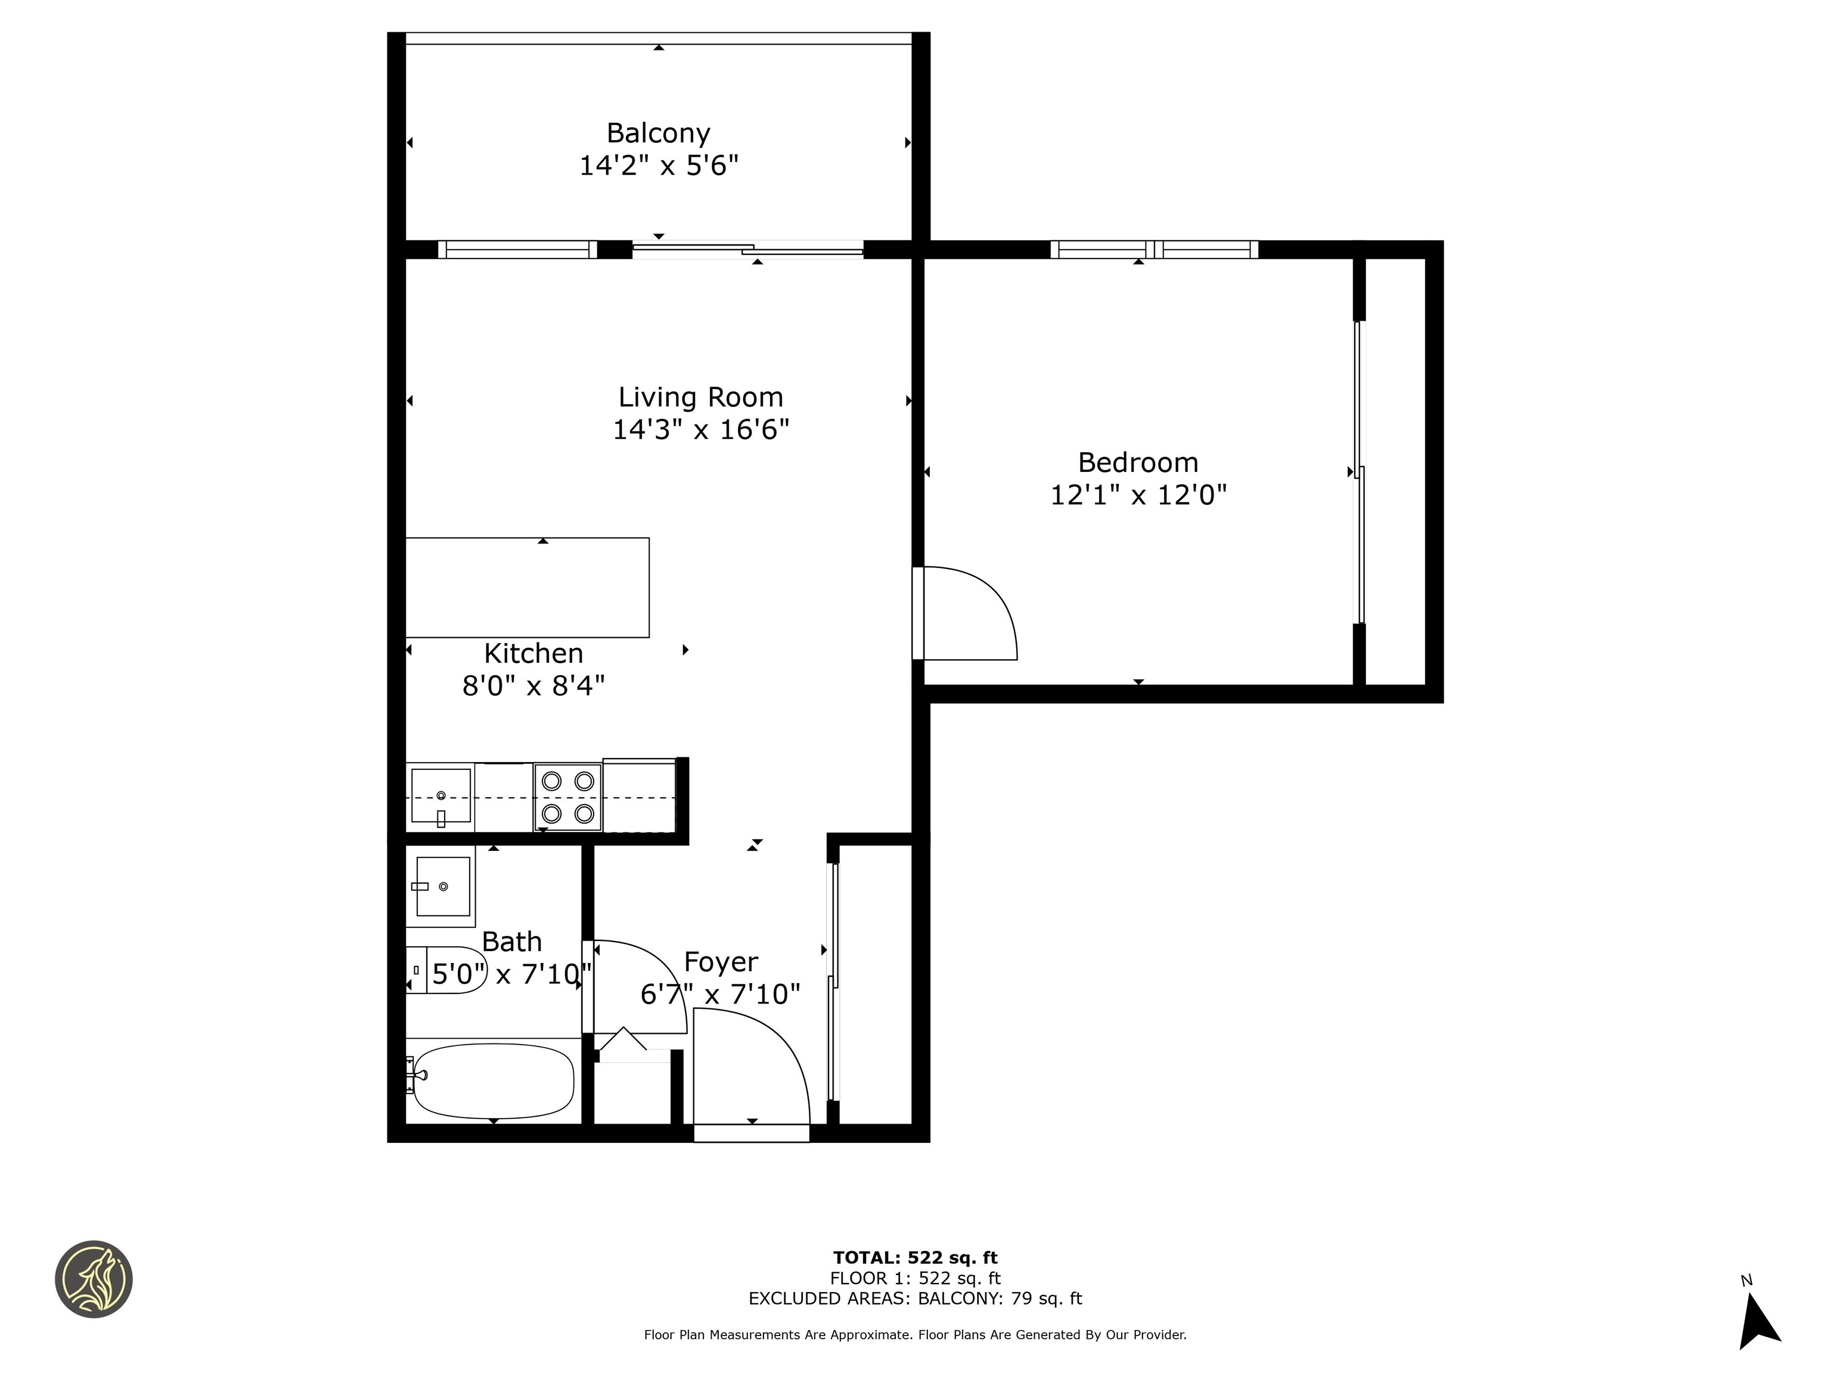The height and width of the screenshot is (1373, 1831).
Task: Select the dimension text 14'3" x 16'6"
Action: [700, 430]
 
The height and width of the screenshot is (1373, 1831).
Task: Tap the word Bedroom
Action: [1137, 462]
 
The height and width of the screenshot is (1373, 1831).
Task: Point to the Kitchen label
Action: [533, 653]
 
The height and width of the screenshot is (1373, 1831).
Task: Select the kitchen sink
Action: [440, 796]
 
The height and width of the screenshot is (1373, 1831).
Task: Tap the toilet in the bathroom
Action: [445, 970]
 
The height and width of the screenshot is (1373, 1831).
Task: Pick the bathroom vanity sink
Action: [442, 886]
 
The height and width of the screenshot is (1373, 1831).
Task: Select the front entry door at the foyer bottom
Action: [752, 1133]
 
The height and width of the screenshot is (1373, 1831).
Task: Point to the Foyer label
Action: [720, 962]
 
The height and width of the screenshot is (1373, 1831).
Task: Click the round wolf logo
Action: [94, 1279]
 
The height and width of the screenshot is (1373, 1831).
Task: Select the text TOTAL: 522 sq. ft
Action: [915, 1258]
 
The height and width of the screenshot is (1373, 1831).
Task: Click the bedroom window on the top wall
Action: [1154, 249]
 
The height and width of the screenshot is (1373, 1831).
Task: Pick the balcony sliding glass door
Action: [747, 249]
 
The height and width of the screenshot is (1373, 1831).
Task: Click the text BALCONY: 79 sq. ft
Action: [1000, 1299]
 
